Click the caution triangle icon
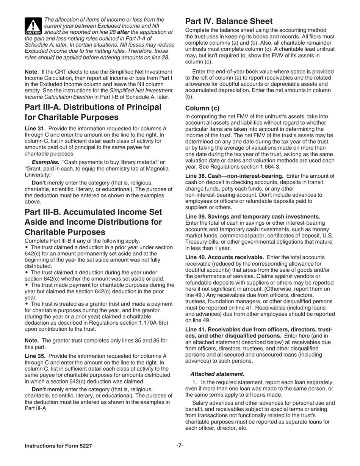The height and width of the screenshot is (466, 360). [33, 26]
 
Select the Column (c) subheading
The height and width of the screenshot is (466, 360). [202, 108]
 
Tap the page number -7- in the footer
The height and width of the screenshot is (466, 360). [180, 446]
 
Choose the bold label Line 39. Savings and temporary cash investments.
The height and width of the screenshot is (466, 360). [252, 217]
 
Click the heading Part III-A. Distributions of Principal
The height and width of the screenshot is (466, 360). [88, 107]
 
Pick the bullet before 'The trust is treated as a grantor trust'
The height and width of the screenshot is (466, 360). [27, 304]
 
